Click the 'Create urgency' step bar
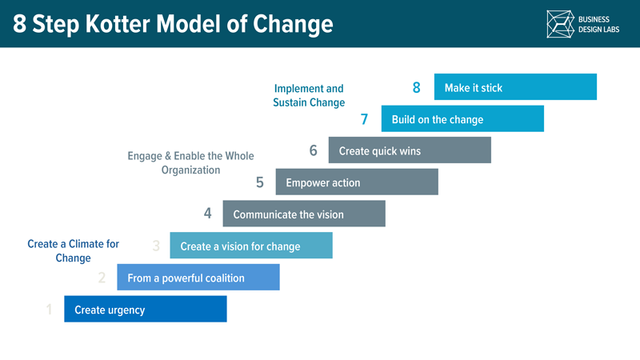tap(146, 310)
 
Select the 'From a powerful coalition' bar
tap(198, 278)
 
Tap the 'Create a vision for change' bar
tap(251, 246)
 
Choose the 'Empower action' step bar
tap(357, 182)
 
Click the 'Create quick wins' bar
tap(410, 150)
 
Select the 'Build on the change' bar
tap(462, 119)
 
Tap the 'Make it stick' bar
tap(515, 87)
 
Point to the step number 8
tap(417, 88)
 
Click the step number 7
tap(364, 120)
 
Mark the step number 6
tap(313, 150)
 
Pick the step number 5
tap(260, 182)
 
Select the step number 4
tap(207, 214)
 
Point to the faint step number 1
tap(49, 310)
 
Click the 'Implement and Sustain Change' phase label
tap(309, 95)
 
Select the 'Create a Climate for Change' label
tap(73, 251)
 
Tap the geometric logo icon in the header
tap(561, 24)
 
